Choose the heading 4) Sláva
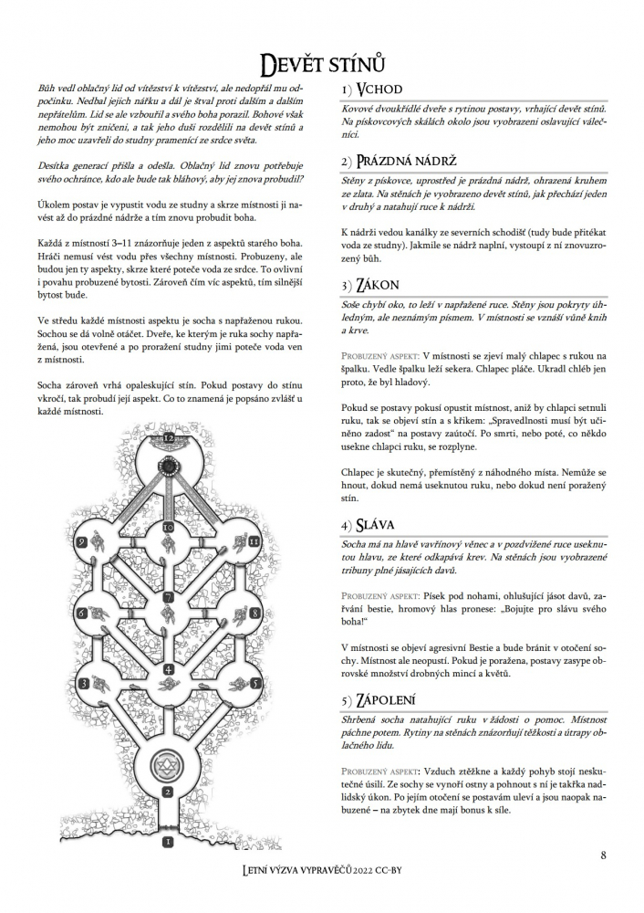(366, 526)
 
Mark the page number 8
(604, 855)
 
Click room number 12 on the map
(169, 438)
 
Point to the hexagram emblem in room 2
(168, 763)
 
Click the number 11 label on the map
(254, 541)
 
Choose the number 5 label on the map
(256, 681)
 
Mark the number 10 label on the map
(168, 527)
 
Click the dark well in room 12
(169, 467)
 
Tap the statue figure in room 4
(168, 650)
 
